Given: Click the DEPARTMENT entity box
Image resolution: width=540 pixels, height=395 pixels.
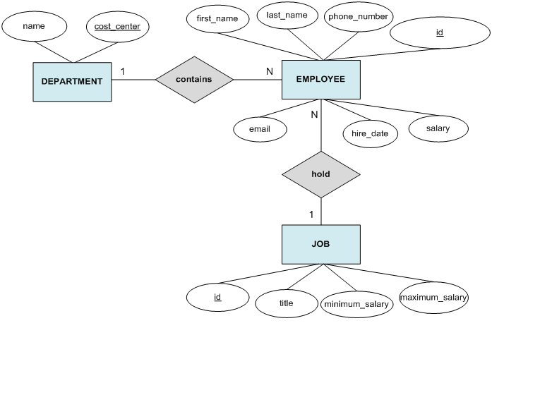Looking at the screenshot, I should [72, 81].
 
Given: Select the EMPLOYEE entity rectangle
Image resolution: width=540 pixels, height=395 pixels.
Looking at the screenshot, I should [320, 80].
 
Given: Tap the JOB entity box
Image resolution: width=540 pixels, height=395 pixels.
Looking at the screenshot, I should [320, 245].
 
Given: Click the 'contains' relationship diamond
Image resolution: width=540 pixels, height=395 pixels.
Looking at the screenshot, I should [194, 80].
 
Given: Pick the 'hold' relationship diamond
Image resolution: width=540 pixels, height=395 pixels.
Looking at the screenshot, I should [320, 174].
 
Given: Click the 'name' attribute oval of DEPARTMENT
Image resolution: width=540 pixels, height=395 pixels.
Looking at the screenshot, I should [34, 26].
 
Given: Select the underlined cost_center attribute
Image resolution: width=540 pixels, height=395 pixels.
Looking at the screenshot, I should [117, 26].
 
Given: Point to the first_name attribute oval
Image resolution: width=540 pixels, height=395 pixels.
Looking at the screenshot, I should [217, 18].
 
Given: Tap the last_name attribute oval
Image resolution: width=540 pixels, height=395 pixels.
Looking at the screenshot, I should [286, 15].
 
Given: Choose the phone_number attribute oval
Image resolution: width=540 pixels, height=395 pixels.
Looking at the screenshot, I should [359, 16].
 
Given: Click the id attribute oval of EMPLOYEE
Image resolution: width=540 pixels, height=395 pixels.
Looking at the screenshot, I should [440, 32].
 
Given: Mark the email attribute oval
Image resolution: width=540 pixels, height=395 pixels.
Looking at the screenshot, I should [260, 130].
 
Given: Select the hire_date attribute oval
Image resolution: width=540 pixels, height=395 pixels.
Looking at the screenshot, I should [370, 133].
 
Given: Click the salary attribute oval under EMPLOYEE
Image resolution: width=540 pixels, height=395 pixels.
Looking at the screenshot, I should [438, 128].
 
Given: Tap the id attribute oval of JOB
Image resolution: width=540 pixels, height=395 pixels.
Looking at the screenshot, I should [217, 297].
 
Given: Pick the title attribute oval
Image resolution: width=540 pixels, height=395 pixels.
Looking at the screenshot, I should [286, 303].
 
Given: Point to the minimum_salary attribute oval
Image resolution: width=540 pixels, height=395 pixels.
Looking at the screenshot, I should [356, 305].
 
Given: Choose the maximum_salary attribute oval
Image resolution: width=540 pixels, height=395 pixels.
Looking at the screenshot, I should [433, 298].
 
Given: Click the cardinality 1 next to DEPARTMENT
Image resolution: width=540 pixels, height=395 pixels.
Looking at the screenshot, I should [122, 71].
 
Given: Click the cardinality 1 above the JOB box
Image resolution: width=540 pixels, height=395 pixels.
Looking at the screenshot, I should [311, 214].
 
